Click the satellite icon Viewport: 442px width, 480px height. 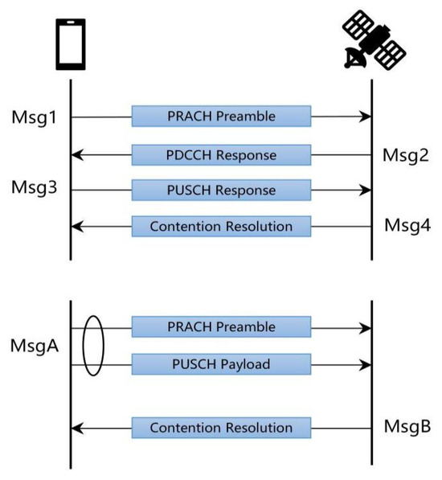coord(371,41)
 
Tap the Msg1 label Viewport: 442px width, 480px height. coord(35,117)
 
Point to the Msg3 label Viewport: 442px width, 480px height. coord(35,189)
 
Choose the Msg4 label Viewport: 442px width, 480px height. coord(405,226)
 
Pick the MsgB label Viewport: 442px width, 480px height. coord(405,427)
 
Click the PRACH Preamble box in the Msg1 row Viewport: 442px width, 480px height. coord(221,117)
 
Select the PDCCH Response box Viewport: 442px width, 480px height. coord(221,154)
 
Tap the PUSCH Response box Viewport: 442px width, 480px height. coord(221,191)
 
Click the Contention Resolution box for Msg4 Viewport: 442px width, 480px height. coord(221,227)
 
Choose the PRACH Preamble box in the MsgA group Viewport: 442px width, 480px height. coord(221,327)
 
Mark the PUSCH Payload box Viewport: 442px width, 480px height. coord(221,364)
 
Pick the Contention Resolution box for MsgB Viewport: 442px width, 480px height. coord(221,428)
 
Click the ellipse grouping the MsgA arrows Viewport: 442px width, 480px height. coord(93,346)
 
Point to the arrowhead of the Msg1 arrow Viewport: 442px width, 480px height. coord(366,117)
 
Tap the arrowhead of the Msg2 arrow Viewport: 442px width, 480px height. coord(76,154)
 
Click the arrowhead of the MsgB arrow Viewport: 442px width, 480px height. coord(76,428)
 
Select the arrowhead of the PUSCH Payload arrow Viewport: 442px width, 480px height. coord(366,364)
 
